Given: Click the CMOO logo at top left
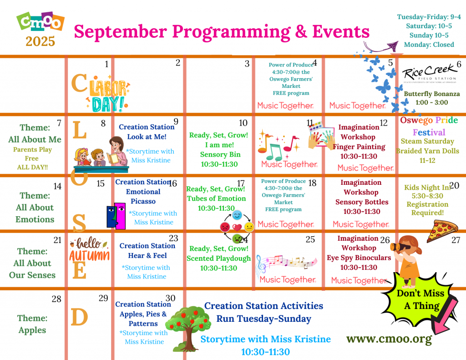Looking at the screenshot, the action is click(41, 21).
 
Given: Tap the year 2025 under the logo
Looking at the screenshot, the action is click(41, 41).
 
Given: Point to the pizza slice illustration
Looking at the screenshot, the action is click(442, 231).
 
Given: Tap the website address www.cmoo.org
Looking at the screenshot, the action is click(389, 339).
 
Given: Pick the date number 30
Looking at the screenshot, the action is click(170, 298).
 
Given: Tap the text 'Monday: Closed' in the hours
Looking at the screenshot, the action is click(429, 45).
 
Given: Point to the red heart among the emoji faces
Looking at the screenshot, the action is click(237, 228).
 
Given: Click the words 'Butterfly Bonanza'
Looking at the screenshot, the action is click(431, 94).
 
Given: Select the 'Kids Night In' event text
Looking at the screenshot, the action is click(427, 188).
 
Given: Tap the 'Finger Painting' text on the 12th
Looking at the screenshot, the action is click(359, 147).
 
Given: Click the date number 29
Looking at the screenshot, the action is click(103, 298).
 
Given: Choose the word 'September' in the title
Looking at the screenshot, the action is click(120, 32).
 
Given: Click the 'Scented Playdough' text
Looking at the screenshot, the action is click(219, 259).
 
